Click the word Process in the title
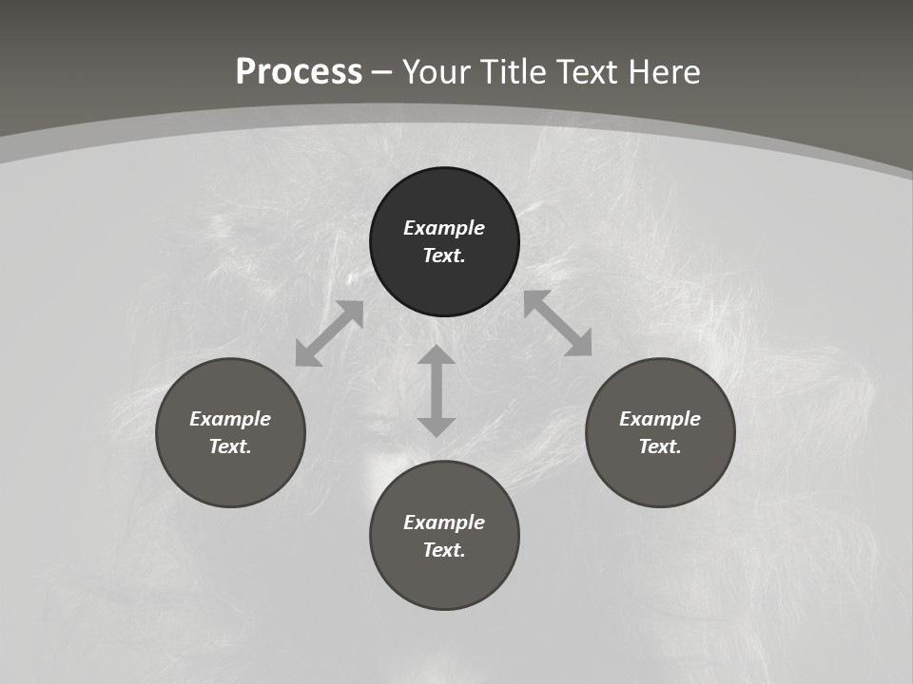pos(299,72)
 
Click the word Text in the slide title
pos(594,72)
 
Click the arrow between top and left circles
pos(329,333)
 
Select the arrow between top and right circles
pos(557,323)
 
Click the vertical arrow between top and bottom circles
pos(437,390)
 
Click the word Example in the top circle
pos(444,228)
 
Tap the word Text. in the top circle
pos(444,256)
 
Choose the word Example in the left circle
pos(230,419)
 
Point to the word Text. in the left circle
pos(230,446)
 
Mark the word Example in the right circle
pos(660,419)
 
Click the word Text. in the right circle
pos(660,446)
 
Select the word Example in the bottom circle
pos(444,522)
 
